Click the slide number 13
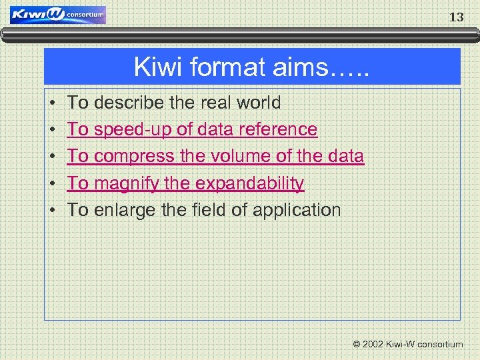(x=456, y=18)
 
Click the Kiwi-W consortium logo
(x=58, y=15)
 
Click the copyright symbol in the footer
(x=357, y=345)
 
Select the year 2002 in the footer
(x=374, y=345)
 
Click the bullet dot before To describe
(x=53, y=103)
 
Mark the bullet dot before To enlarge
(x=53, y=211)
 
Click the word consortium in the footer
(x=440, y=345)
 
